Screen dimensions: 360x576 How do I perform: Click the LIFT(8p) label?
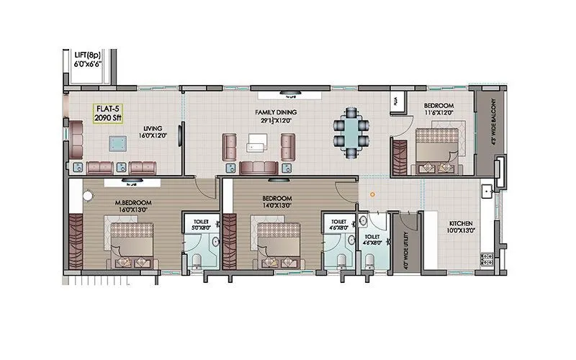[x=88, y=54]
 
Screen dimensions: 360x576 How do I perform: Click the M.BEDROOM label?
[x=133, y=203]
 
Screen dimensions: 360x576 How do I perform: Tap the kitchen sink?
[x=487, y=192]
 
